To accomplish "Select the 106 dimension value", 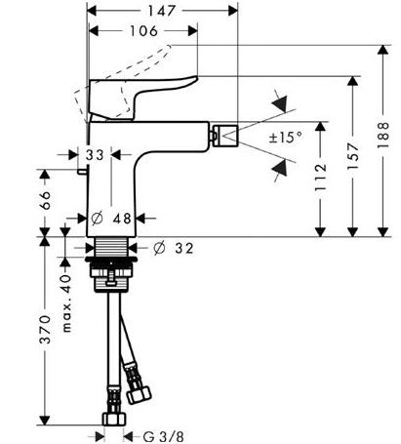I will pos(142,31).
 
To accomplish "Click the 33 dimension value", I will pos(96,154).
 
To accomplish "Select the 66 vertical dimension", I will pos(43,201).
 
